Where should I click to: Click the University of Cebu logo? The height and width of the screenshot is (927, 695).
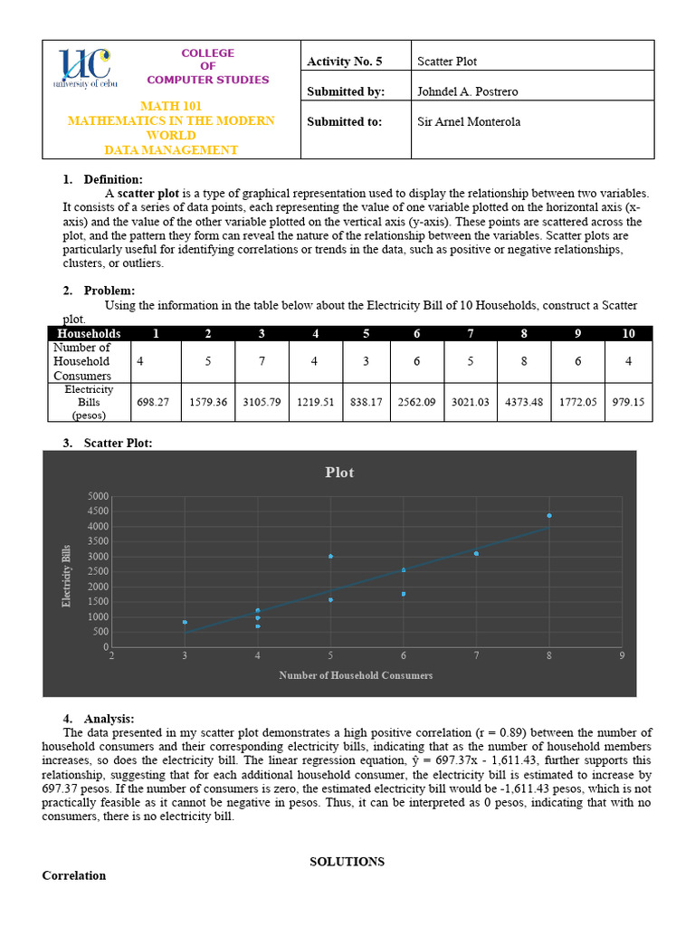click(82, 68)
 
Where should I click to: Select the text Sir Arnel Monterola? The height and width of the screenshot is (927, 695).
click(468, 121)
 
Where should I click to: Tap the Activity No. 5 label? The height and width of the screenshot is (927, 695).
click(345, 62)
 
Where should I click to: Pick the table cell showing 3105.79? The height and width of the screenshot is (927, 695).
click(262, 402)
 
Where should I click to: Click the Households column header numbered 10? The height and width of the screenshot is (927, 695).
click(628, 333)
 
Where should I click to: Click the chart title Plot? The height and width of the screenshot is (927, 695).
click(340, 473)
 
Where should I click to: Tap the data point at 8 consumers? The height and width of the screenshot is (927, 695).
click(549, 516)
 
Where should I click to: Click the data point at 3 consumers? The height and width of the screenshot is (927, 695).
click(185, 623)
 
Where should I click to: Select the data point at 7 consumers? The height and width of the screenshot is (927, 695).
click(476, 553)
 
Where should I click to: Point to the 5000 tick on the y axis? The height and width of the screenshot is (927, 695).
click(98, 496)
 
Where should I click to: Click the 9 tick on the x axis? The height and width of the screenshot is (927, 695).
click(622, 656)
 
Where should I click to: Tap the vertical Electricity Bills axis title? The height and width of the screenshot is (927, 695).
click(66, 576)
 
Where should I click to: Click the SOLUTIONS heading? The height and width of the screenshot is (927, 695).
click(347, 862)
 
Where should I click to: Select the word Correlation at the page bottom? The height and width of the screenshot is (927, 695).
click(74, 875)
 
